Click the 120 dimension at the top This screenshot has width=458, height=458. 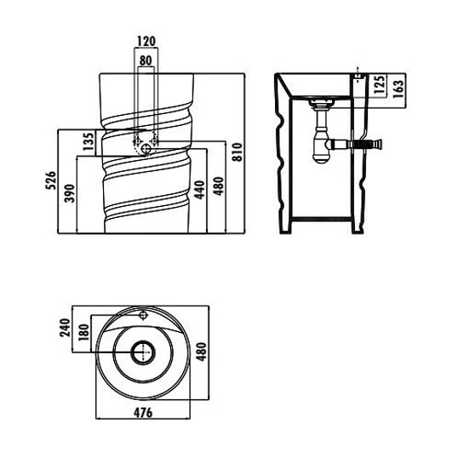coord(146,41)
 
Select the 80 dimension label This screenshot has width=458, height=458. coord(146,60)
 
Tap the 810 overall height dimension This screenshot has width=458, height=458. coord(238,152)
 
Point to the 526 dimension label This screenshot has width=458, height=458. coord(50,180)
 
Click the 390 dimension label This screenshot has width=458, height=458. coord(70,193)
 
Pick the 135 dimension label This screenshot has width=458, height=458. coord(89,141)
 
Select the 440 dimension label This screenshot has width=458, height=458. coord(200,190)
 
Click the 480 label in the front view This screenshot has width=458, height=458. coord(219,186)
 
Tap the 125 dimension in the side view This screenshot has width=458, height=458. coord(380,84)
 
